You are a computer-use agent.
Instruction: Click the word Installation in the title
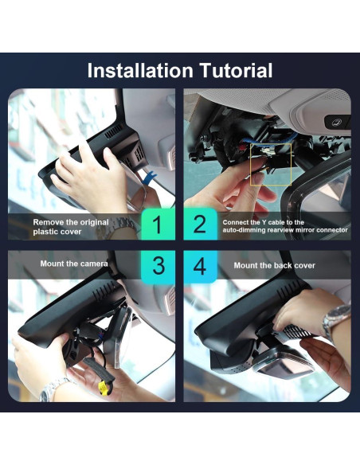140,71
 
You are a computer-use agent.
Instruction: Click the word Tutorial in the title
237,71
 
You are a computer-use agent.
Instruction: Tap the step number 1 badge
158,224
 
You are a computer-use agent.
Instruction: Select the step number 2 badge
200,224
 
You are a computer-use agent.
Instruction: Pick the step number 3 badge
158,267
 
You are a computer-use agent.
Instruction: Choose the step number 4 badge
200,267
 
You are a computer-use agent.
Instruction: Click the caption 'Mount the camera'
74,264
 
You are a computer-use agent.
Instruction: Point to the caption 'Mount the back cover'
274,265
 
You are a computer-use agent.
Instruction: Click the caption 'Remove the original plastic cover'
71,227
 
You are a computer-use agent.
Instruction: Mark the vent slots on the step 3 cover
104,290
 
